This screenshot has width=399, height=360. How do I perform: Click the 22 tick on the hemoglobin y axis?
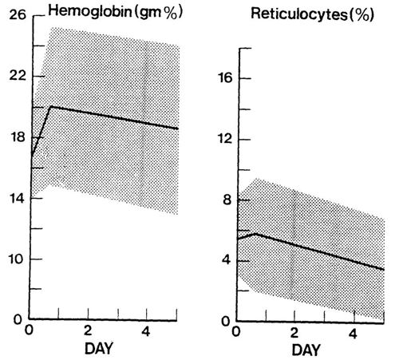pos(14,76)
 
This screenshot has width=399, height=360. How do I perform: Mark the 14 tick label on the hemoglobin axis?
pos(14,199)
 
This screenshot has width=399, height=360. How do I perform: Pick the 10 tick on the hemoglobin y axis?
pos(14,260)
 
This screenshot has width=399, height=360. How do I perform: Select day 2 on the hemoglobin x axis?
pos(88,332)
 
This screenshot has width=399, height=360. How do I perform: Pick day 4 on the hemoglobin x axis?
pos(146,332)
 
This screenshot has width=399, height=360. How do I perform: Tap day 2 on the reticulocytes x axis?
pos(295,334)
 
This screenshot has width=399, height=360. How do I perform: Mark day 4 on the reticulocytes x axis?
pos(354,334)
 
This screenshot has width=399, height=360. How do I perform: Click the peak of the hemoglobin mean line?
pos(51,106)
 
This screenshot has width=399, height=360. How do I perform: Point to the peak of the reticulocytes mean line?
pos(255,233)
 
